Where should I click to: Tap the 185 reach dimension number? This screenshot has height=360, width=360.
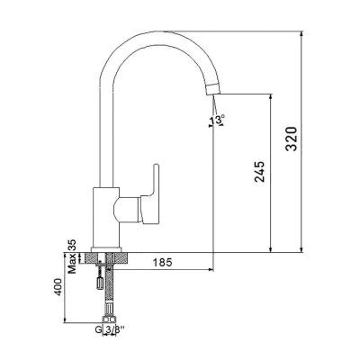tap(163, 263)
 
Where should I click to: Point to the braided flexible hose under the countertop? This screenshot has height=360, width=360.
tap(108, 288)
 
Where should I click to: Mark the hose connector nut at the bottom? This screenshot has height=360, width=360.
tap(108, 318)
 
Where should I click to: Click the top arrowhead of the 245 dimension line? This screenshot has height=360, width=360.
tap(268, 93)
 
